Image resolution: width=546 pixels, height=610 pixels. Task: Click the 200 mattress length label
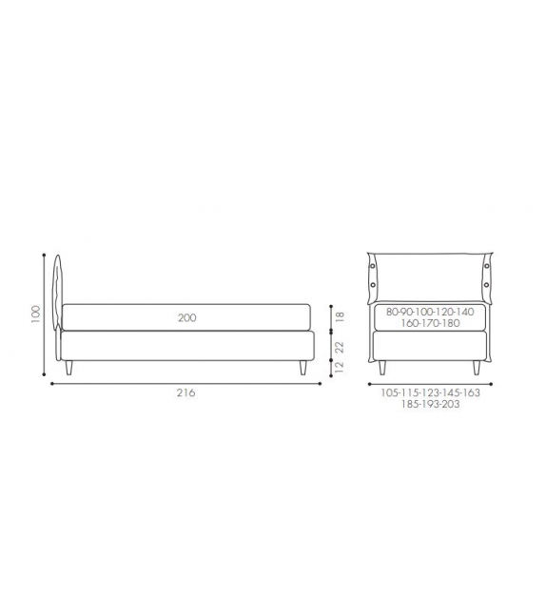tap(187, 318)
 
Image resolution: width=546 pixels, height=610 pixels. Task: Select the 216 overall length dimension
tap(186, 393)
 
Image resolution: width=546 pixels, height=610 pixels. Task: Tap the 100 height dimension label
tap(35, 314)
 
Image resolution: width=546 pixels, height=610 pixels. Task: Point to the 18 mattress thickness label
tap(340, 316)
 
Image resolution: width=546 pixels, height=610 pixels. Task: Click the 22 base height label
tap(340, 347)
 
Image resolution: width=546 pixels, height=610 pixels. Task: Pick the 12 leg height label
tap(340, 367)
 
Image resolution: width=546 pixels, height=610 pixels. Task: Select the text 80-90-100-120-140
tap(430, 312)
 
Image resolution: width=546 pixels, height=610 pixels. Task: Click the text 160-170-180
tap(430, 323)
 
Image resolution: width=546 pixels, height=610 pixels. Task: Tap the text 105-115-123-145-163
tap(430, 393)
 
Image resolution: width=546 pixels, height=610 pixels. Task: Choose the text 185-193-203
tap(430, 404)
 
